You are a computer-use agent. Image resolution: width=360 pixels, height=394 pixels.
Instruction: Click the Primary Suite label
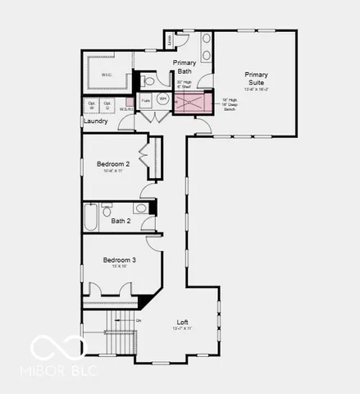[x=257, y=79]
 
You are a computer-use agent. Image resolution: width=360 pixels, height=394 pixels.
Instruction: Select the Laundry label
[x=95, y=121]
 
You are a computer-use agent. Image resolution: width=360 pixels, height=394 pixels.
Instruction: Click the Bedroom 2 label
[x=113, y=163]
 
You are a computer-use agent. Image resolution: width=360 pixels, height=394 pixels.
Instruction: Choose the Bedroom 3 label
[x=119, y=259]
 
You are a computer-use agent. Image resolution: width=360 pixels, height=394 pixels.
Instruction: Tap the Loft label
[x=183, y=322]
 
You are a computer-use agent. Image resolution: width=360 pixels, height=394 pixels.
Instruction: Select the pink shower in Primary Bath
[x=194, y=103]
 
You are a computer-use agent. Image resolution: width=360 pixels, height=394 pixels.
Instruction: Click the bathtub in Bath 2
[x=90, y=218]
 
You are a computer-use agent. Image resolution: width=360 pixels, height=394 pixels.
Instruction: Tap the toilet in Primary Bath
[x=148, y=81]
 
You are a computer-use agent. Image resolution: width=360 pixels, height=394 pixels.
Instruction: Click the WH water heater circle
[x=162, y=100]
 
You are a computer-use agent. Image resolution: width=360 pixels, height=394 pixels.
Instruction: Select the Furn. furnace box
[x=146, y=101]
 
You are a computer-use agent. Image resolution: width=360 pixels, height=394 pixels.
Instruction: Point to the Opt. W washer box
[x=92, y=106]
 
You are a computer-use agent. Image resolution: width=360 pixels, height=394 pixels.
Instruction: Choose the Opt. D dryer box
[x=107, y=106]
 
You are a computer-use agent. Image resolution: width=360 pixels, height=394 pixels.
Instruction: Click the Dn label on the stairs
[x=139, y=319]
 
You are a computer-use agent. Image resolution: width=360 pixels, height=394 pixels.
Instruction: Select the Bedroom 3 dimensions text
[x=119, y=267]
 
